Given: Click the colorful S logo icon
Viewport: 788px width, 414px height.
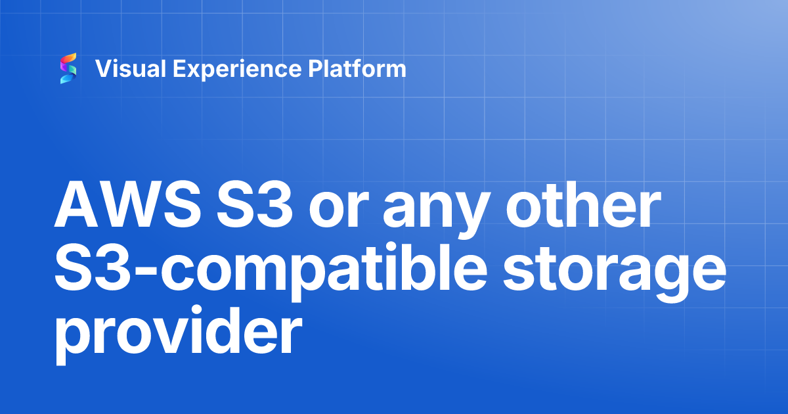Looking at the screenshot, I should tap(68, 68).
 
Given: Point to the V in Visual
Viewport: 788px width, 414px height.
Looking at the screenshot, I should tap(103, 68).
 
